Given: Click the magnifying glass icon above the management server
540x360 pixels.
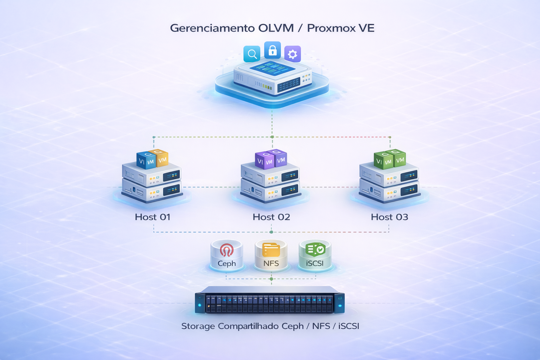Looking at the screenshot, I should click(252, 54).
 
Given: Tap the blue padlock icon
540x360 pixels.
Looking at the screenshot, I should click(272, 50).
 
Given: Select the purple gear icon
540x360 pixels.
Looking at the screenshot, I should click(292, 54).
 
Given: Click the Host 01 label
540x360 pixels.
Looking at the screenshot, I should click(153, 217).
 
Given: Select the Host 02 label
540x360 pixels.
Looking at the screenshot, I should click(271, 217).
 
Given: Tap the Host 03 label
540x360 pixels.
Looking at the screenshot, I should click(390, 217).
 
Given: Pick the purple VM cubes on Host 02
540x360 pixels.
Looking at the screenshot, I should click(271, 159).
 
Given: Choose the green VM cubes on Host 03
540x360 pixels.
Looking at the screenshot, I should click(390, 159).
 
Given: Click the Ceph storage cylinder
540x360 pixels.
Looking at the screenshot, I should click(227, 256).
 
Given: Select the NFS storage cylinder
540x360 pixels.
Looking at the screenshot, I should click(271, 256).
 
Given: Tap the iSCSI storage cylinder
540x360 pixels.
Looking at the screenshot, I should click(315, 256).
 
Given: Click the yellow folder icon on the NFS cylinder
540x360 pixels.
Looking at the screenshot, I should click(271, 250).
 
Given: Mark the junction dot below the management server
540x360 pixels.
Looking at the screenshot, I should click(272, 137).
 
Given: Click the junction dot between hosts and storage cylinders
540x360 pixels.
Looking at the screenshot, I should click(271, 232).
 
